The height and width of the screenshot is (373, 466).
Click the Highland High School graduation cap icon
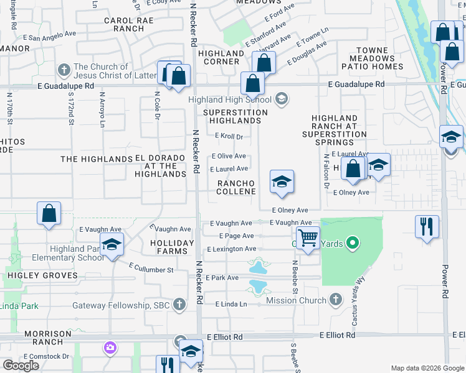[282, 99]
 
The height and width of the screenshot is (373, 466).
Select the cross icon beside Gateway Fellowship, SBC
[179, 305]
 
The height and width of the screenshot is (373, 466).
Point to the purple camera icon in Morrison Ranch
[110, 347]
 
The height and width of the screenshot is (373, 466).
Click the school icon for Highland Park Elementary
[112, 245]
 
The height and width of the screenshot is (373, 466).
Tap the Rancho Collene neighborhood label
[236, 187]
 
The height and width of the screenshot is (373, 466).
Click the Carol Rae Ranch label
[124, 24]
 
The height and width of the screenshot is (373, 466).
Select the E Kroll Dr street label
[229, 136]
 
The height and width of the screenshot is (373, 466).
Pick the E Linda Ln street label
[231, 304]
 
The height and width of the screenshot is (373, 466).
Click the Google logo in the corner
[21, 366]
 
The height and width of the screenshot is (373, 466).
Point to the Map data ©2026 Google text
[427, 368]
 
